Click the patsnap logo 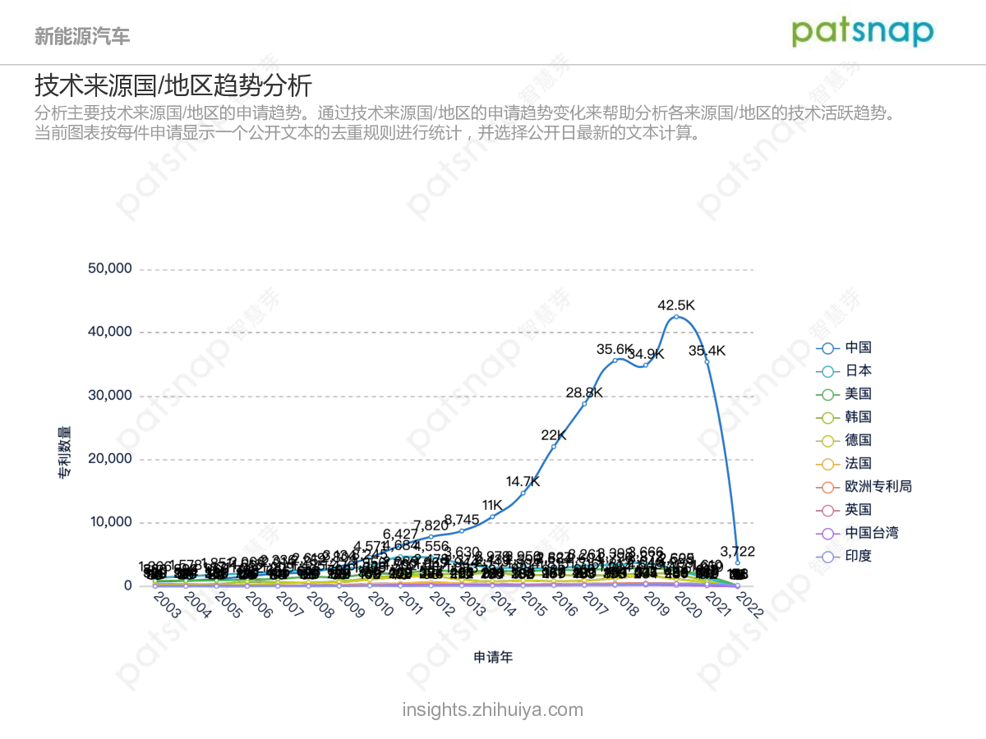(863, 32)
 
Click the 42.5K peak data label (675, 305)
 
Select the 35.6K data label (615, 349)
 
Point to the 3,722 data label (736, 551)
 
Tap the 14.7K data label (523, 481)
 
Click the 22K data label (553, 435)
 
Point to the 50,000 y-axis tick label (109, 269)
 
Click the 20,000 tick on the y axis (109, 459)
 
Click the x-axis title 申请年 (493, 657)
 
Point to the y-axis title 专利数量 (64, 452)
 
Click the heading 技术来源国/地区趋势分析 (173, 85)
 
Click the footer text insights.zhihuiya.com (493, 709)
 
